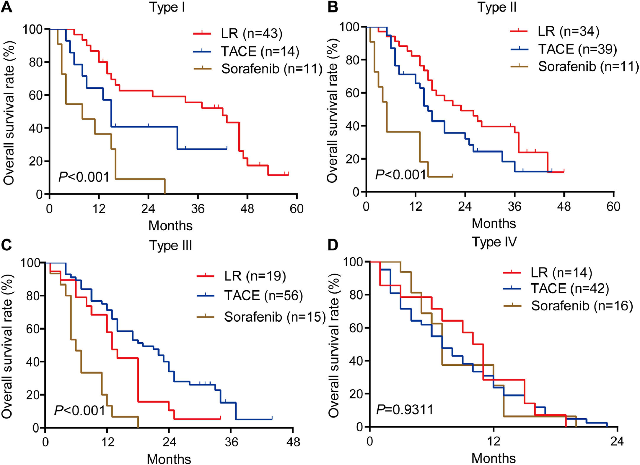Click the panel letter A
tap(7, 7)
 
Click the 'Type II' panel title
tap(497, 7)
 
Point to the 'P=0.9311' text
tap(405, 410)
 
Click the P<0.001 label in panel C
tap(80, 411)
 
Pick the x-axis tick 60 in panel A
tap(297, 209)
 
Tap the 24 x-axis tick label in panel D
tap(617, 441)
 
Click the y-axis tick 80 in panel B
tap(352, 60)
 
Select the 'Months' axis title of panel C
tap(169, 459)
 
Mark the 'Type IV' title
tap(494, 242)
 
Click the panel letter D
tap(333, 245)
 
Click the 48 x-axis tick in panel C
tap(293, 442)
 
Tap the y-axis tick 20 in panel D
tap(356, 394)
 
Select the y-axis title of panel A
tap(9, 113)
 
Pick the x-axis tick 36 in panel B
tap(514, 206)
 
